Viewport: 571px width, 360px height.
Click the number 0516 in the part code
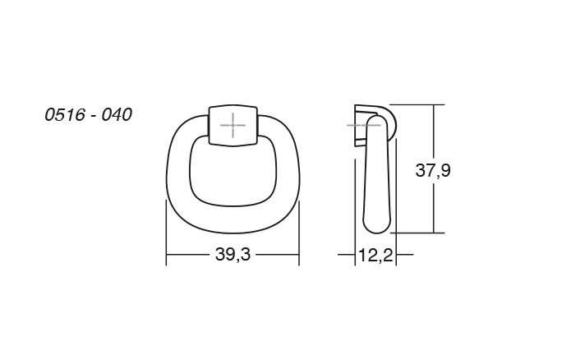click(x=64, y=114)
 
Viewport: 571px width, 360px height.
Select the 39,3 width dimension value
click(x=233, y=256)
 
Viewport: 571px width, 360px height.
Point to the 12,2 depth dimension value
click(x=374, y=256)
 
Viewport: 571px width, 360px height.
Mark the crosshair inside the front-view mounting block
click(x=234, y=126)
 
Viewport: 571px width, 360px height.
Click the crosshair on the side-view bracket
click(x=360, y=125)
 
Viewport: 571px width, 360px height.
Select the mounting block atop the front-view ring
click(x=234, y=125)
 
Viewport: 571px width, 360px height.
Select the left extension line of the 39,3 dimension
click(x=166, y=234)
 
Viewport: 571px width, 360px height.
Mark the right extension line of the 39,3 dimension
click(x=299, y=234)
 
